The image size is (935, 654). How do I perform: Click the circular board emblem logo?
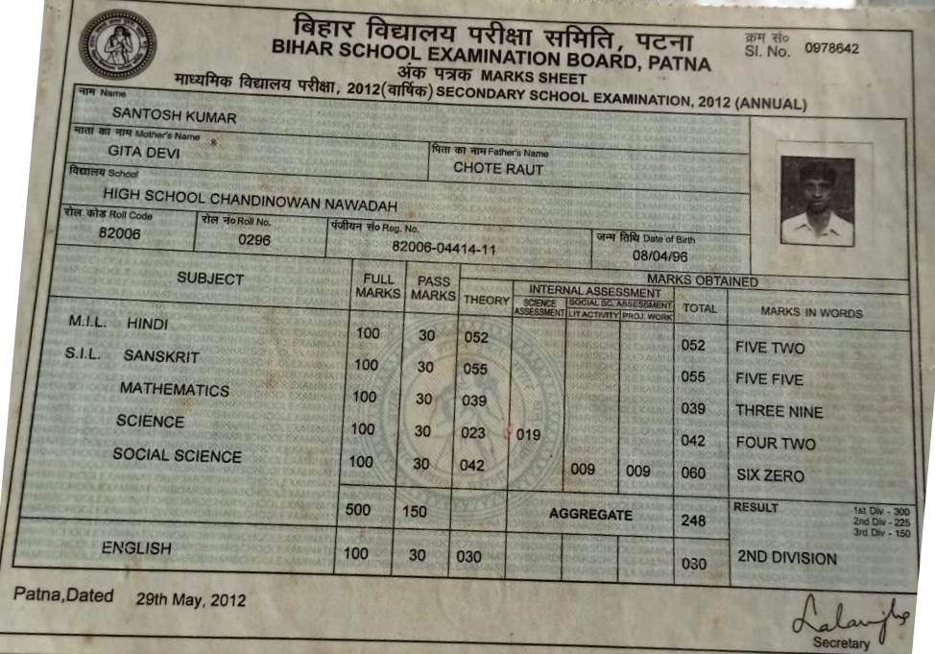117,44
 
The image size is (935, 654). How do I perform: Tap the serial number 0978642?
832,49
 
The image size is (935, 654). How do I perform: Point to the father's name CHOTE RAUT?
498,169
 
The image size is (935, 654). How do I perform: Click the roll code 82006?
120,233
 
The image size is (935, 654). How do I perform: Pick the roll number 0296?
254,239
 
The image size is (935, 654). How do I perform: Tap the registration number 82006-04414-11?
444,248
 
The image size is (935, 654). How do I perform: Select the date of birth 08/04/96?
659,256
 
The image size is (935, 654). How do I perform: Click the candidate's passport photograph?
817,201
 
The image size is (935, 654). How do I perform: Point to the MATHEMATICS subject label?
174,390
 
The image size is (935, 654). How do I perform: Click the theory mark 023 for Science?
473,433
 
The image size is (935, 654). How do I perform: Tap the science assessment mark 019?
529,435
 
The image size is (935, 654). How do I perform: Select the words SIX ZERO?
770,475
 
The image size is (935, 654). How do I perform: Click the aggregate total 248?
692,521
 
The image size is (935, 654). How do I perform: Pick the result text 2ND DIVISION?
786,558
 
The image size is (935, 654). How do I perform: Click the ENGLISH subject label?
136,548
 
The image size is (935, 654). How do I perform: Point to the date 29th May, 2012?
190,599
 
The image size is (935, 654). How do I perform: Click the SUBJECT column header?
210,279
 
